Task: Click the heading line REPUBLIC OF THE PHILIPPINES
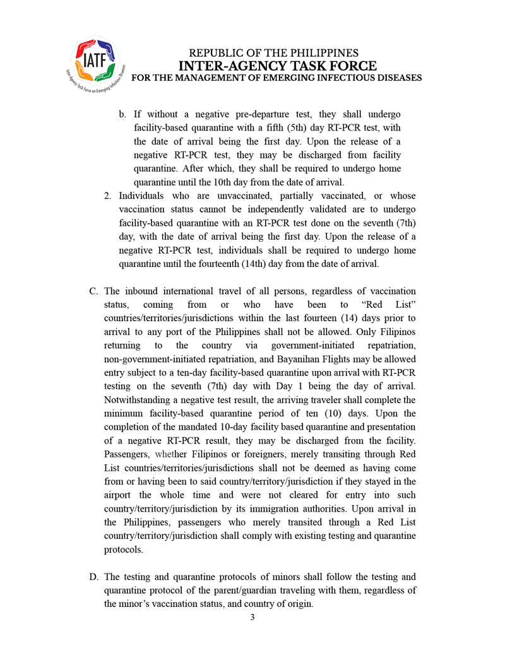tap(274, 53)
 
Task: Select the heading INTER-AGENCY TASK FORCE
tap(277, 66)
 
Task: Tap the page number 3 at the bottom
tap(252, 617)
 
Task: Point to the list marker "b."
tap(123, 114)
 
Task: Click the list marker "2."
tap(109, 196)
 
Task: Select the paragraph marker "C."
tap(93, 291)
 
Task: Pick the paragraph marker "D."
tap(93, 577)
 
